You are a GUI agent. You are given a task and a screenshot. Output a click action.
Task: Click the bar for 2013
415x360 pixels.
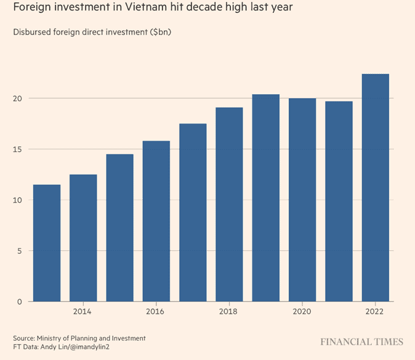pyautogui.click(x=47, y=243)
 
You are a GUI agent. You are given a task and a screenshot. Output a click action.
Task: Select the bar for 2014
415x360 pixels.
pyautogui.click(x=83, y=238)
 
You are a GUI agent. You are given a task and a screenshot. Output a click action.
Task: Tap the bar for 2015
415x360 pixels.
pyautogui.click(x=119, y=227)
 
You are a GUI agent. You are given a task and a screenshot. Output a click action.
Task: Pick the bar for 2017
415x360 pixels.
pyautogui.click(x=193, y=213)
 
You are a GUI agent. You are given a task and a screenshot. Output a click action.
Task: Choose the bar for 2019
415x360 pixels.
pyautogui.click(x=266, y=198)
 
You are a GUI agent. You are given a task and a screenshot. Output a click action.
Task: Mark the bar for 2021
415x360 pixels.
pyautogui.click(x=339, y=201)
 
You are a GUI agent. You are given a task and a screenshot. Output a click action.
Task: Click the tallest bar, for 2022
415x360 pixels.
pyautogui.click(x=376, y=187)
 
